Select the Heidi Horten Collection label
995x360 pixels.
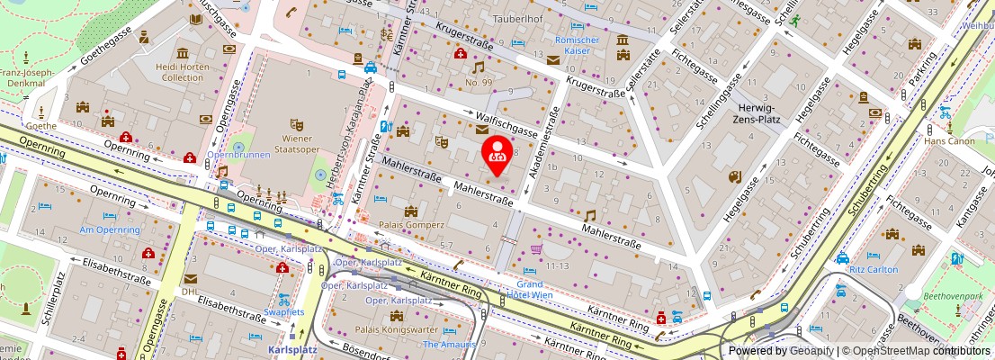pos(183,72)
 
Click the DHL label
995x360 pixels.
pos(190,292)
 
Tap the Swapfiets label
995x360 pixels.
pos(284,311)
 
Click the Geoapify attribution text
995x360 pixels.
pos(806,351)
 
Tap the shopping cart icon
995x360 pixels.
pos(536,250)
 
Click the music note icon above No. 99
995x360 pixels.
pos(479,67)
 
